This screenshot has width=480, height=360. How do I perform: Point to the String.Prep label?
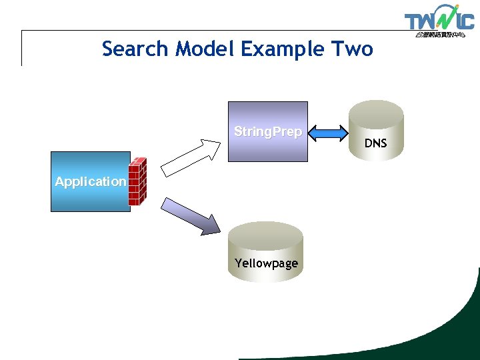pyautogui.click(x=268, y=132)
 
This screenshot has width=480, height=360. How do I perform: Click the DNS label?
pyautogui.click(x=375, y=143)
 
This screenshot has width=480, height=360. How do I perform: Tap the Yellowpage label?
pyautogui.click(x=266, y=263)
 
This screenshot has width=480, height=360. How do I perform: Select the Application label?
pyautogui.click(x=90, y=181)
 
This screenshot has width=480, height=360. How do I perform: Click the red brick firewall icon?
pyautogui.click(x=137, y=181)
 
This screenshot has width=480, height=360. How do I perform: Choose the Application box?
pyautogui.click(x=90, y=197)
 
